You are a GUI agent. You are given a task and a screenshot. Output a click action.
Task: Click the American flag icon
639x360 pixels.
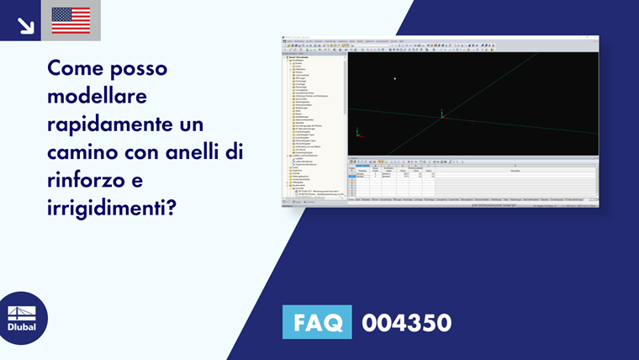click(71, 20)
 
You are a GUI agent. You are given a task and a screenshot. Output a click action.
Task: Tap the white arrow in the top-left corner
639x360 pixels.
click(26, 26)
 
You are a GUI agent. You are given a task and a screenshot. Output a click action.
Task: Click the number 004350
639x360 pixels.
click(407, 322)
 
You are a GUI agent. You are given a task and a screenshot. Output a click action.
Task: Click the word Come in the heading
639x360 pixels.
click(75, 67)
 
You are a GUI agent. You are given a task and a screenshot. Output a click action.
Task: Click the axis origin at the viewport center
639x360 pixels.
click(441, 116)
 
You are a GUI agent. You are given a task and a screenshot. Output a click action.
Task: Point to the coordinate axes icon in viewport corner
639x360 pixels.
click(358, 132)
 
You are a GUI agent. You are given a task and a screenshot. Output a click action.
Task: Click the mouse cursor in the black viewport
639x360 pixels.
click(394, 79)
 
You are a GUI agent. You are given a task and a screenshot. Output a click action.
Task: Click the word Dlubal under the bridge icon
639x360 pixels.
click(22, 327)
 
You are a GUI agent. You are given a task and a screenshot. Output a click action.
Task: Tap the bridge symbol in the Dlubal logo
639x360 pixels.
click(22, 312)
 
